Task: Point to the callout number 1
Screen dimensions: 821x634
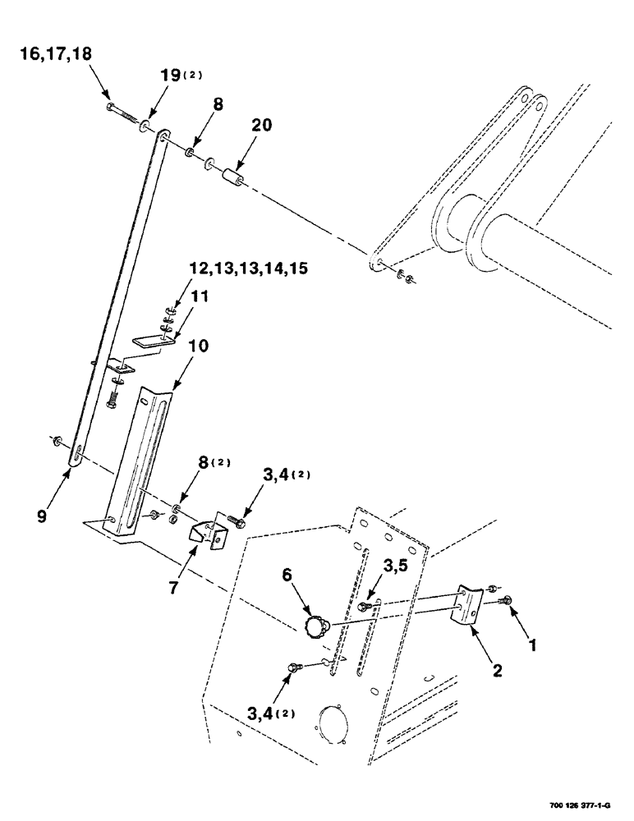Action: tap(534, 645)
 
